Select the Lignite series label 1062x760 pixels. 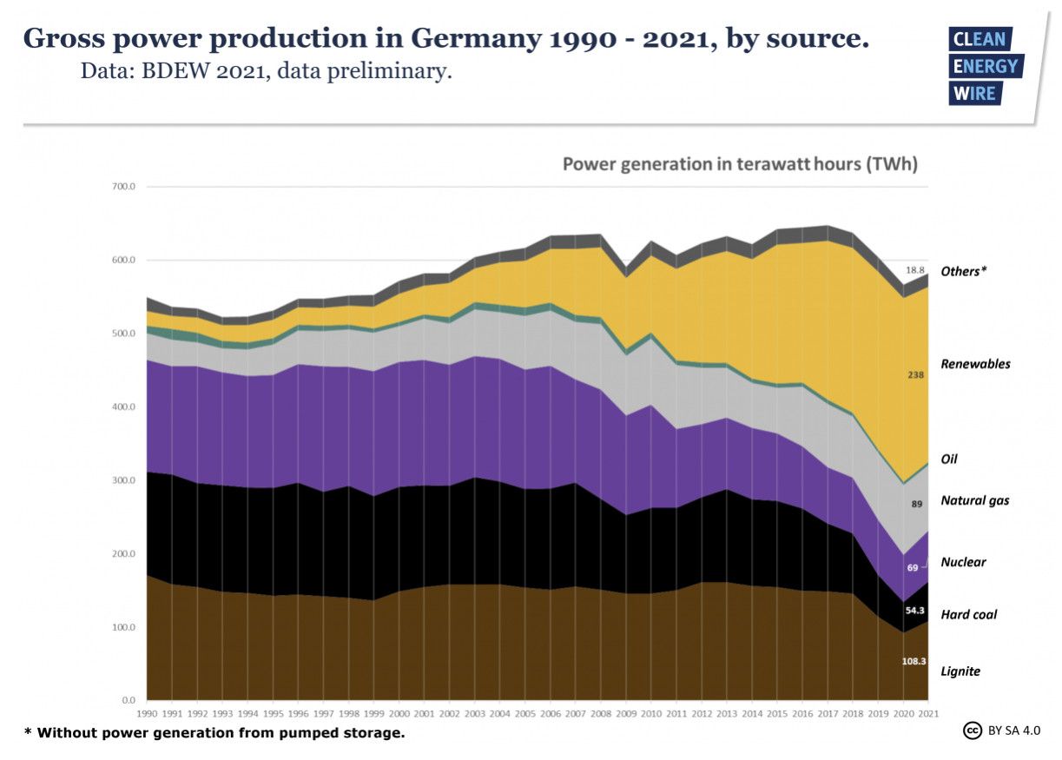tap(960, 671)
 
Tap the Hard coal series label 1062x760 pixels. tap(968, 615)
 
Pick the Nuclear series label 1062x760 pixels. tap(963, 563)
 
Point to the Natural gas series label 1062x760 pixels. tap(974, 501)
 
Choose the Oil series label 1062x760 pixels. tap(949, 459)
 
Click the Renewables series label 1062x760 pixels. tap(975, 364)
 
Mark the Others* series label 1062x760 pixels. tap(966, 272)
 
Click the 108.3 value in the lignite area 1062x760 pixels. tap(914, 661)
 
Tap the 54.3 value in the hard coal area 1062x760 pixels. tap(914, 611)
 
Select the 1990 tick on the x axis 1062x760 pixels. tap(148, 713)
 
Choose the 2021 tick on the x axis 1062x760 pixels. tap(928, 713)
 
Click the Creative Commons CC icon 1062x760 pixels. tap(973, 730)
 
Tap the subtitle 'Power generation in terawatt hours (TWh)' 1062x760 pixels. tap(740, 164)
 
